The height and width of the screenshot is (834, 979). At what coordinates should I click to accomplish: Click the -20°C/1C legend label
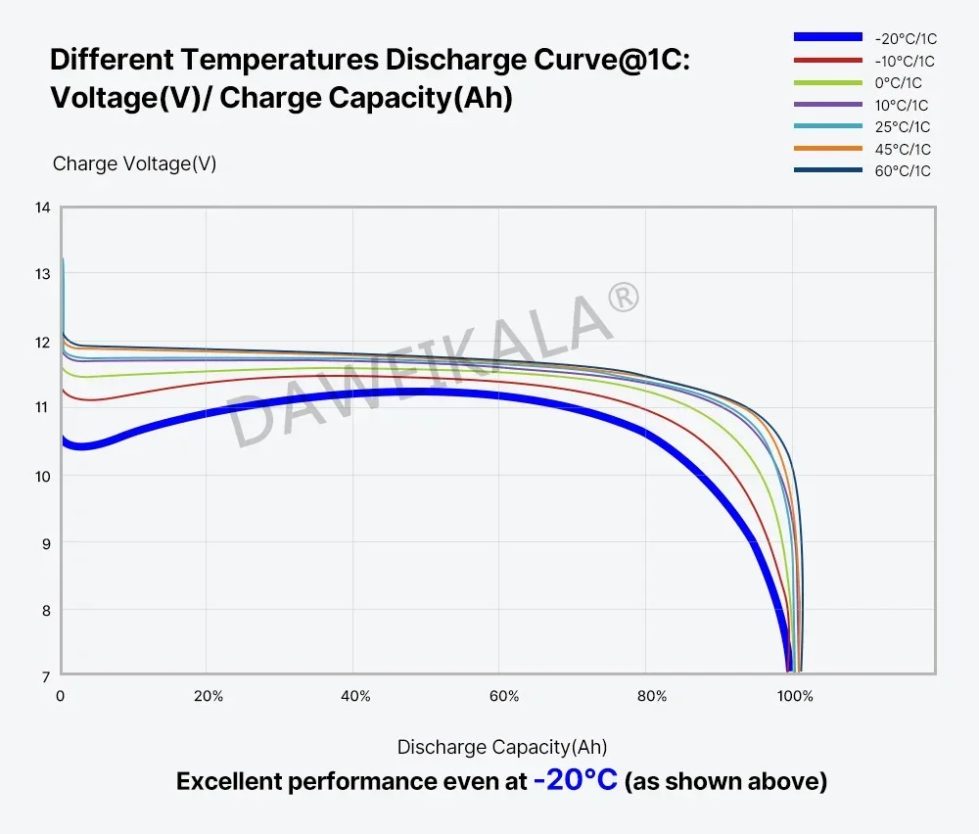click(x=905, y=39)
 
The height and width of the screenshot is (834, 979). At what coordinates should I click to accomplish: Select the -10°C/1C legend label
click(x=905, y=61)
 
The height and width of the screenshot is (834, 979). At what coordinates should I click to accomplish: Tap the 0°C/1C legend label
click(x=898, y=83)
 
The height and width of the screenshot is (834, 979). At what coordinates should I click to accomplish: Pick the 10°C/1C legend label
click(x=901, y=105)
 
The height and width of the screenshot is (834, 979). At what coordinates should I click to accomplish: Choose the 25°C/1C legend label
click(x=902, y=127)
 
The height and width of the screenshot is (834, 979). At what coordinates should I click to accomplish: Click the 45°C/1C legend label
click(x=902, y=149)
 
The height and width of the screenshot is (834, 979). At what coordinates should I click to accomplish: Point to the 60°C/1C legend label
click(x=902, y=171)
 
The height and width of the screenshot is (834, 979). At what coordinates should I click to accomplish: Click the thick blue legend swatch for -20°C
click(x=827, y=38)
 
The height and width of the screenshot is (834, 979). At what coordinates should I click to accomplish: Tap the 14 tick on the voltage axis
click(x=42, y=208)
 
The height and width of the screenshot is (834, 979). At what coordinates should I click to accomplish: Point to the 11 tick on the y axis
click(x=42, y=408)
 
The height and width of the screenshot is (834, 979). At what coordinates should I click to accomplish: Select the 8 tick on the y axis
click(x=43, y=610)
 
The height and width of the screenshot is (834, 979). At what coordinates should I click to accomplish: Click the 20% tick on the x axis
click(x=208, y=696)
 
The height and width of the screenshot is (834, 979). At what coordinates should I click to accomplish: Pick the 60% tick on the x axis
click(x=503, y=696)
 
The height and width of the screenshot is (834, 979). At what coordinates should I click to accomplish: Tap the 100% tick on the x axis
click(x=795, y=696)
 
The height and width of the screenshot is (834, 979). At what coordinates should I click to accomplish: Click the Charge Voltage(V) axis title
click(x=134, y=163)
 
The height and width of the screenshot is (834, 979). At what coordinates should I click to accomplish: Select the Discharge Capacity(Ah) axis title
click(x=502, y=747)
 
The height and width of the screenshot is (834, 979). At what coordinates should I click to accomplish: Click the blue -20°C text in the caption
click(x=575, y=781)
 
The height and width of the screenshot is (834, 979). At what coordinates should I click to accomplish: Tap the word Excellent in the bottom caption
click(x=227, y=782)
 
